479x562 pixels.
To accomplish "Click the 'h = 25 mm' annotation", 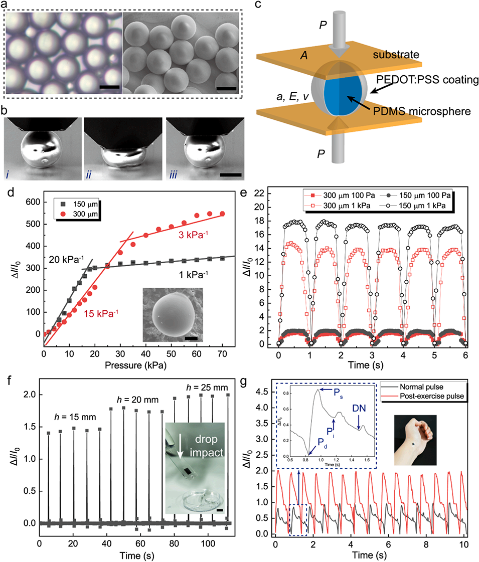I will pyautogui.click(x=207, y=387).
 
